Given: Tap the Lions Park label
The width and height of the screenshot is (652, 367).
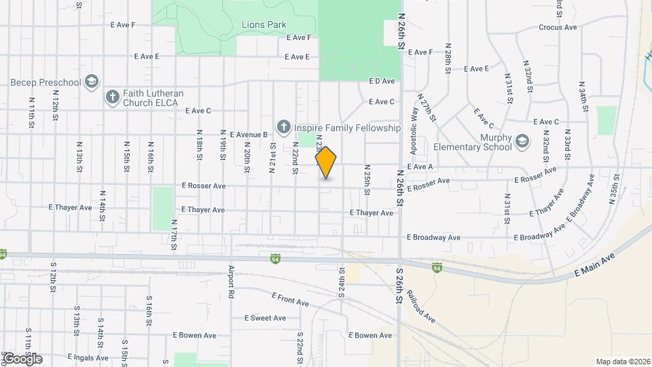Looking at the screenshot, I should click(x=264, y=24).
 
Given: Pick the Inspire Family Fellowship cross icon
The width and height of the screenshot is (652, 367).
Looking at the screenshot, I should click(x=283, y=127).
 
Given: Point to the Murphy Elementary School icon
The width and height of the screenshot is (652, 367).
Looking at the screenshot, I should click(x=522, y=141).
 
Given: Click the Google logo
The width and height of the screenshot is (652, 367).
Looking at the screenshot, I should click(x=22, y=358).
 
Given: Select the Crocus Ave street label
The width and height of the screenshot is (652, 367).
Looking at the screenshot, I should click(x=558, y=27).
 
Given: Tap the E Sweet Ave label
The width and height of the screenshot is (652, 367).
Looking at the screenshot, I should click(x=265, y=318).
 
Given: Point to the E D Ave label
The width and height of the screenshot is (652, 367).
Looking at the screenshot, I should click(x=382, y=81).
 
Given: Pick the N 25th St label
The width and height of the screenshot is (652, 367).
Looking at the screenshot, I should click(x=367, y=179).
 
